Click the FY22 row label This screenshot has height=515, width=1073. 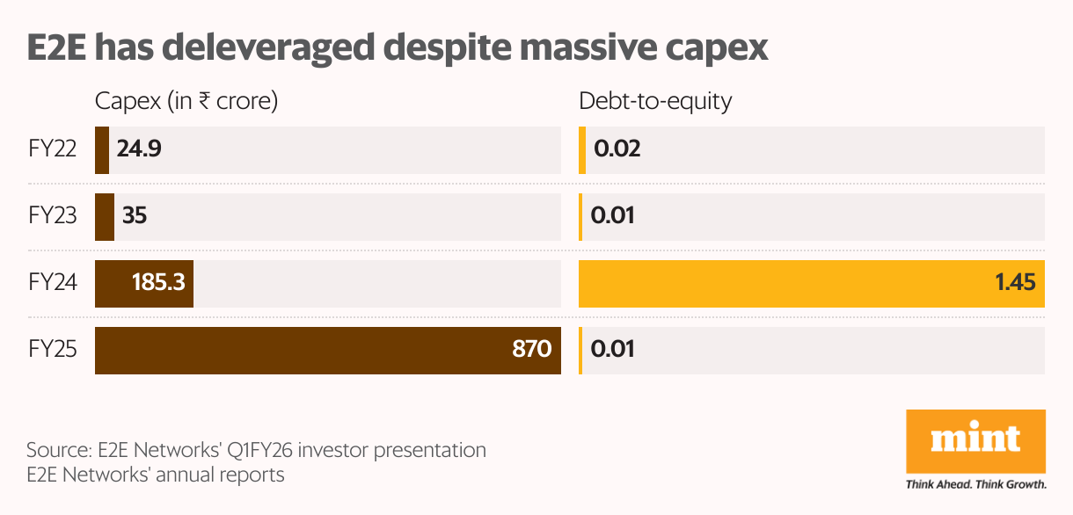(53, 149)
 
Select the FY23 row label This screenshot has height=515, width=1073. (53, 216)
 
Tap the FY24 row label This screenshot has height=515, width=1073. (53, 283)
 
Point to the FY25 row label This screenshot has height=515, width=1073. (53, 350)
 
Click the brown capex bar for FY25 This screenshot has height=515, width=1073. (299, 350)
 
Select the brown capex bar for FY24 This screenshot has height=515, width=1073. (114, 283)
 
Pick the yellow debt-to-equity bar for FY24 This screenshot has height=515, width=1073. (792, 283)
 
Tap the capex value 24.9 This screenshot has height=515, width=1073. (139, 149)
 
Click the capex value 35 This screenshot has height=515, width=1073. (135, 216)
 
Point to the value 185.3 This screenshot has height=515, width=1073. (158, 283)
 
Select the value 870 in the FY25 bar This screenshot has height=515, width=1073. (531, 350)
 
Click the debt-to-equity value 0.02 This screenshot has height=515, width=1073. (617, 149)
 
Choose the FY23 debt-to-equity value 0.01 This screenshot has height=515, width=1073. (612, 216)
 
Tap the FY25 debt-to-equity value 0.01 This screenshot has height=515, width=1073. (612, 350)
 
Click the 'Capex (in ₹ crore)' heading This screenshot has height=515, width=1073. (186, 101)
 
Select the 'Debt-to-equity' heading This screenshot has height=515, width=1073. (655, 101)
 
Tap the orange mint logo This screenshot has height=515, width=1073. (975, 440)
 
